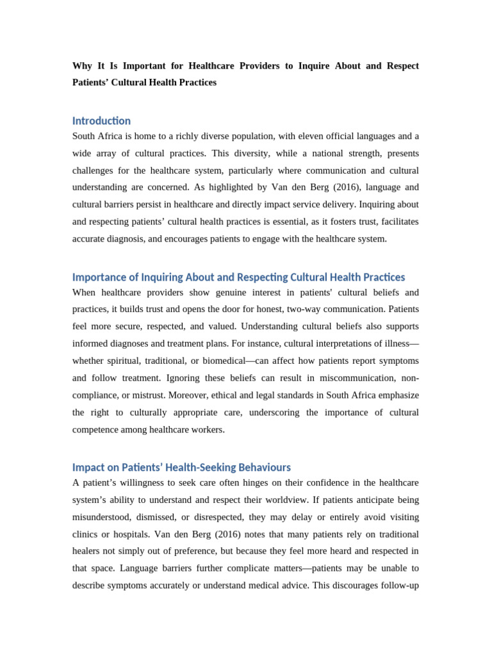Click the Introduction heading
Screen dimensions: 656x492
coord(101,120)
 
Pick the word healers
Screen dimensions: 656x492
coord(88,551)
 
